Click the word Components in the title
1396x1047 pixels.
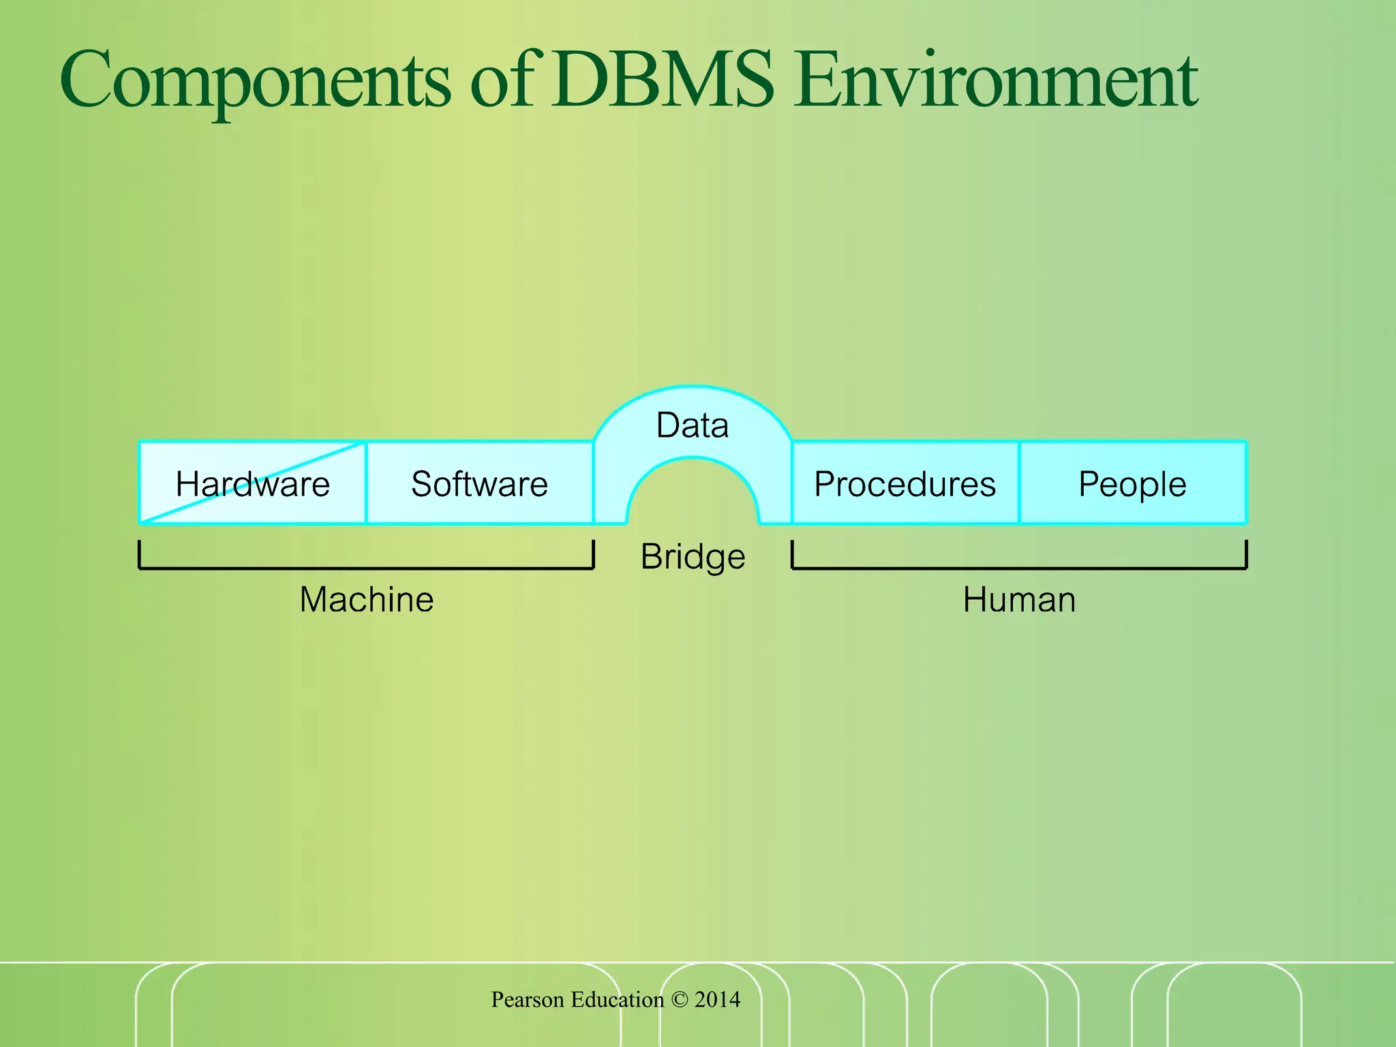point(255,80)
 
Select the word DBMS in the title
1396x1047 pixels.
point(663,80)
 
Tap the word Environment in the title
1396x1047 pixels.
point(995,80)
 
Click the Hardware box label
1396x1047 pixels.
point(252,484)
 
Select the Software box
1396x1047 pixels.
point(479,484)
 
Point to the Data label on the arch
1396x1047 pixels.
point(692,425)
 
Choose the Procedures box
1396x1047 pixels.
point(905,484)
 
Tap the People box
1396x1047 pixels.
point(1132,484)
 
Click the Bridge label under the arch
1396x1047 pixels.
point(693,556)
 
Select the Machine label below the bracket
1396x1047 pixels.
point(367,600)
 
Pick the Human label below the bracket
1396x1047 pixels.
point(1019,600)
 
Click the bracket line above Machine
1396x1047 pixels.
point(367,567)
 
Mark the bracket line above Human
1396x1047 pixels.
point(1019,567)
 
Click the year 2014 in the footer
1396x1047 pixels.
point(717,999)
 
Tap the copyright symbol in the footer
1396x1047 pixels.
point(679,999)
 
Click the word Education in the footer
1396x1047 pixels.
point(617,999)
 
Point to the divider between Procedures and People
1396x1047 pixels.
point(1019,483)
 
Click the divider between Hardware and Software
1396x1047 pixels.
point(366,483)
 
